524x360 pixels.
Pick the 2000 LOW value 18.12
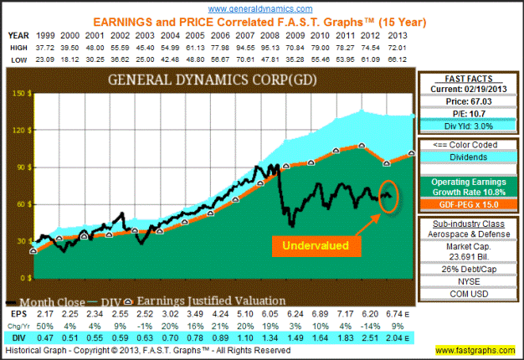click(70, 61)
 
